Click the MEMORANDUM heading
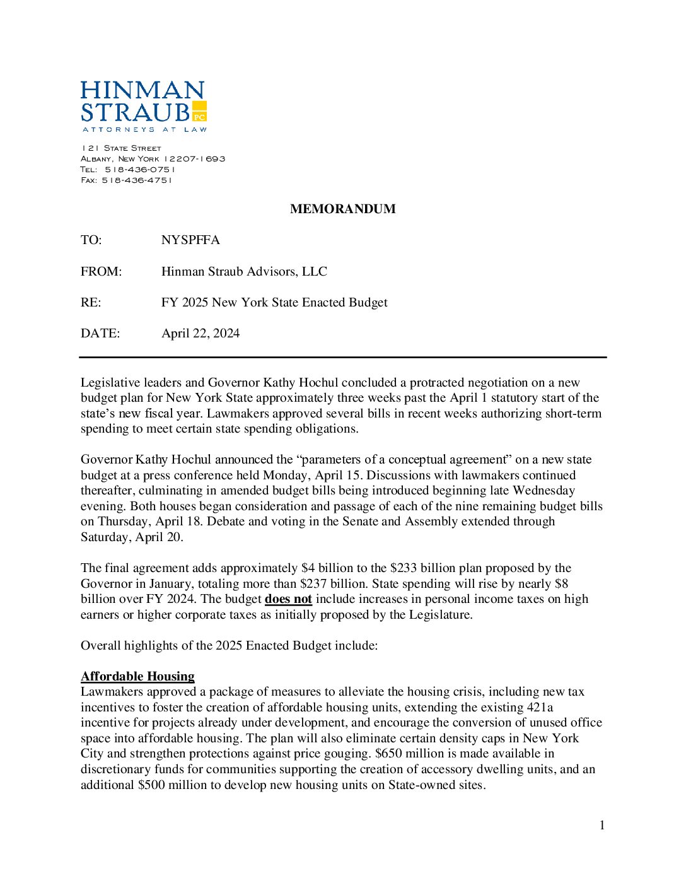coord(342,209)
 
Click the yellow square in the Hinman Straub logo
coord(199,111)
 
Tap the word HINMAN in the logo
coord(142,90)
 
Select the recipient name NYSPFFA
coord(190,240)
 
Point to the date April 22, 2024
coord(201,333)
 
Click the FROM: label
coord(101,271)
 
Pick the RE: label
coord(91,302)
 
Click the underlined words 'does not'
coord(288,599)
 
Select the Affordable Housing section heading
coord(137,676)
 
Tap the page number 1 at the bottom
coord(602,825)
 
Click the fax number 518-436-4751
coord(137,180)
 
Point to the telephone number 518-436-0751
coord(140,170)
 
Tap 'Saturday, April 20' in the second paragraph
coord(131,537)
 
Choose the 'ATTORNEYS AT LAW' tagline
coord(144,129)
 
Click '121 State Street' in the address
coord(121,148)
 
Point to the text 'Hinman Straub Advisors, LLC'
coord(244,271)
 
